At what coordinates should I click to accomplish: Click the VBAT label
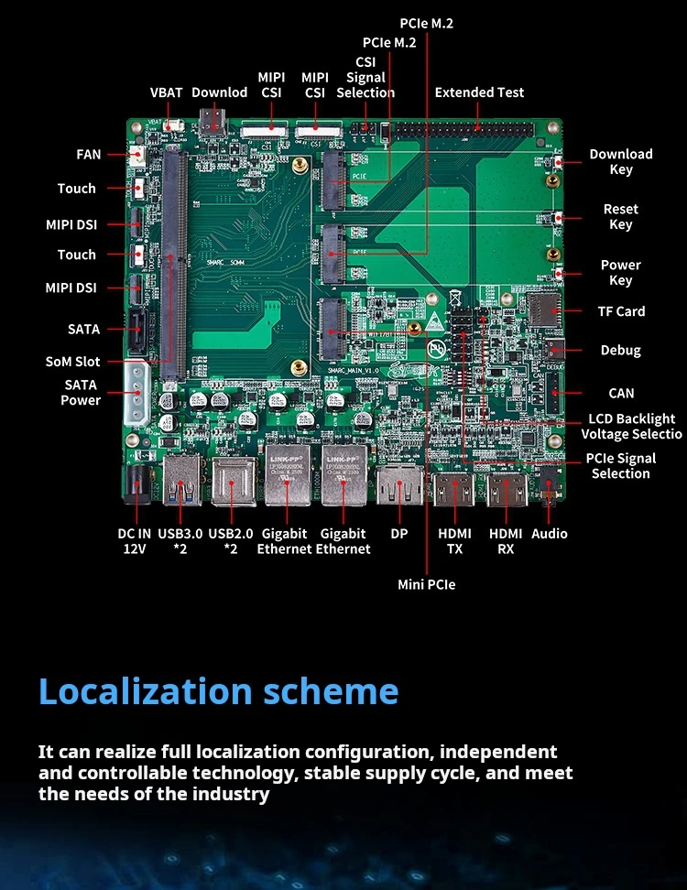pyautogui.click(x=167, y=92)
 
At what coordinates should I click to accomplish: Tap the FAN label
pyautogui.click(x=89, y=155)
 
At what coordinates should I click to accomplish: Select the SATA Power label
pyautogui.click(x=81, y=393)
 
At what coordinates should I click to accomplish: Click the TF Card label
pyautogui.click(x=621, y=311)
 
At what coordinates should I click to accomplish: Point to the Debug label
pyautogui.click(x=620, y=351)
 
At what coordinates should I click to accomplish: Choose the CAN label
pyautogui.click(x=621, y=394)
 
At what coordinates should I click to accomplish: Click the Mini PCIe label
pyautogui.click(x=426, y=584)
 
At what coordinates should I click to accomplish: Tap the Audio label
pyautogui.click(x=550, y=534)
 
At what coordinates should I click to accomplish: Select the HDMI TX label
pyautogui.click(x=455, y=541)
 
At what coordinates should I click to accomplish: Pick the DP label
pyautogui.click(x=398, y=534)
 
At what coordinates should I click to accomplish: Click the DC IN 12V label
pyautogui.click(x=135, y=541)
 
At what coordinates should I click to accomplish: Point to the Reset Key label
pyautogui.click(x=620, y=217)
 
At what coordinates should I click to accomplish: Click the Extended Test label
pyautogui.click(x=479, y=92)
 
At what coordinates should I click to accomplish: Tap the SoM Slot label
pyautogui.click(x=73, y=362)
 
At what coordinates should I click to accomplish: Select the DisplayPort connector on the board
pyautogui.click(x=398, y=485)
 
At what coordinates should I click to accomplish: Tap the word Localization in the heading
pyautogui.click(x=146, y=691)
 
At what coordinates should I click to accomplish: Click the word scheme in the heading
pyautogui.click(x=331, y=691)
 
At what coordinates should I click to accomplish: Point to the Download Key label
pyautogui.click(x=620, y=162)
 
